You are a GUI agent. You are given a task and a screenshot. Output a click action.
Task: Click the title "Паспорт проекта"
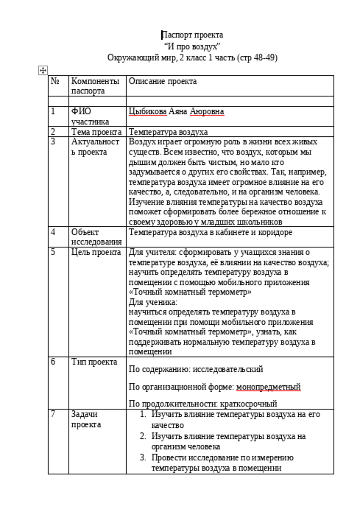tap(192, 35)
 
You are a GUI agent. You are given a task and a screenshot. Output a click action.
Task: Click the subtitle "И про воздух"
tap(192, 46)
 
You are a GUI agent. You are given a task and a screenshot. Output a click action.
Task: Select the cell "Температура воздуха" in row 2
tap(168, 131)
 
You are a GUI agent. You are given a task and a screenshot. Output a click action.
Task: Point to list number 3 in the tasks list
tap(144, 457)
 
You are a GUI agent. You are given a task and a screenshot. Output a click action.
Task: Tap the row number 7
tap(53, 414)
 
